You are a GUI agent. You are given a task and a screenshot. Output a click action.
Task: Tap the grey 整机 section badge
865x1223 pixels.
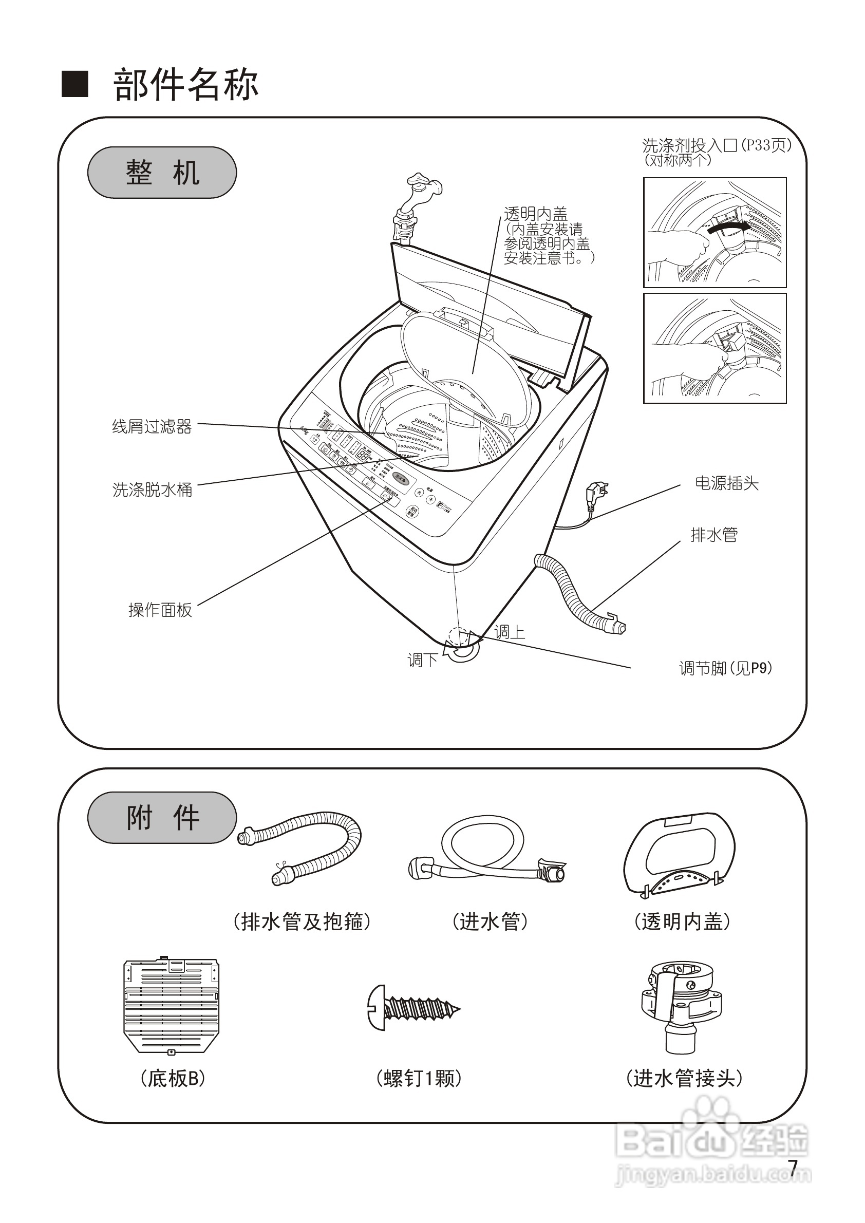click(162, 173)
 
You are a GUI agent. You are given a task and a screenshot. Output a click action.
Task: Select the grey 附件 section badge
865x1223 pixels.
click(162, 818)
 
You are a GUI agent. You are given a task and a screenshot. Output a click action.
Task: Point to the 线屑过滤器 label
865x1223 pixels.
click(152, 427)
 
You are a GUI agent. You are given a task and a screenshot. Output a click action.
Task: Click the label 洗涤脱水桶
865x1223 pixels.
click(153, 490)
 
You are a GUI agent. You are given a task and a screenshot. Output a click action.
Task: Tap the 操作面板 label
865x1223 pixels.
click(160, 610)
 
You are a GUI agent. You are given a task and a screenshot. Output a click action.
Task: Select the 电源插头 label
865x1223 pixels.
click(726, 483)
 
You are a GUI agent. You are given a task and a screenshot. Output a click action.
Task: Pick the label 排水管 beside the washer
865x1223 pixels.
click(714, 534)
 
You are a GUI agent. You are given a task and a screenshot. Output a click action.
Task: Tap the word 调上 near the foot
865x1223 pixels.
click(510, 632)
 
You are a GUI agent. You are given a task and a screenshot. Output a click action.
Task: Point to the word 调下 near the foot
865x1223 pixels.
click(422, 660)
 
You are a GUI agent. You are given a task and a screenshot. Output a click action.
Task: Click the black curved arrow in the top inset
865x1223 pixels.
click(727, 227)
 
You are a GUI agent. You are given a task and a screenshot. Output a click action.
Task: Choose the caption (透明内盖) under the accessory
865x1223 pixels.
click(682, 921)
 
